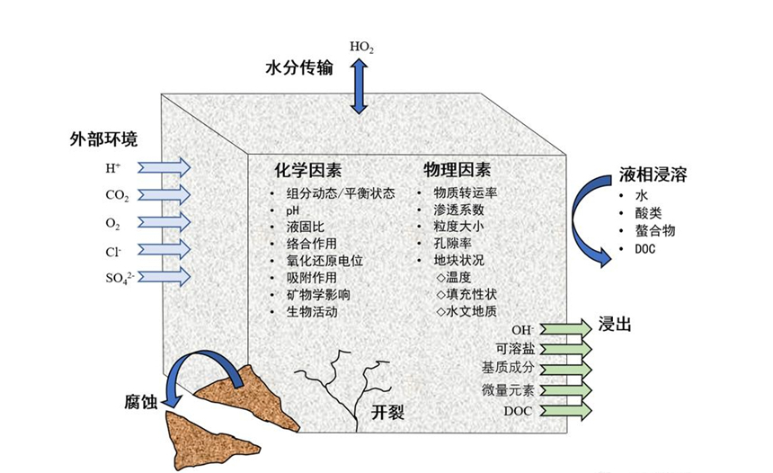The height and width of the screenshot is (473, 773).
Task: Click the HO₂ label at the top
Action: coord(362,46)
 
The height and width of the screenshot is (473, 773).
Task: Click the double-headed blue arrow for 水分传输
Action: coord(360,86)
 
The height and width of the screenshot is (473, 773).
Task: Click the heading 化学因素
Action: coord(308,169)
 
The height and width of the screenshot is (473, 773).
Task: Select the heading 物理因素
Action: coord(458,169)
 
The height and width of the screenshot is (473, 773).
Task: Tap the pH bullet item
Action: coord(293,210)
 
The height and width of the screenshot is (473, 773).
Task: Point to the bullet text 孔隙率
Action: coord(453,244)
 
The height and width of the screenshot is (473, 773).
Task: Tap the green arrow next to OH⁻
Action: coord(565,328)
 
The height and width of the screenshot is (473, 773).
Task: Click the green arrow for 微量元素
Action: coord(565,390)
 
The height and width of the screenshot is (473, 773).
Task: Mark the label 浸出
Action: coord(615,324)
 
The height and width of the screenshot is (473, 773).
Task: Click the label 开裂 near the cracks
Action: coord(387,413)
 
